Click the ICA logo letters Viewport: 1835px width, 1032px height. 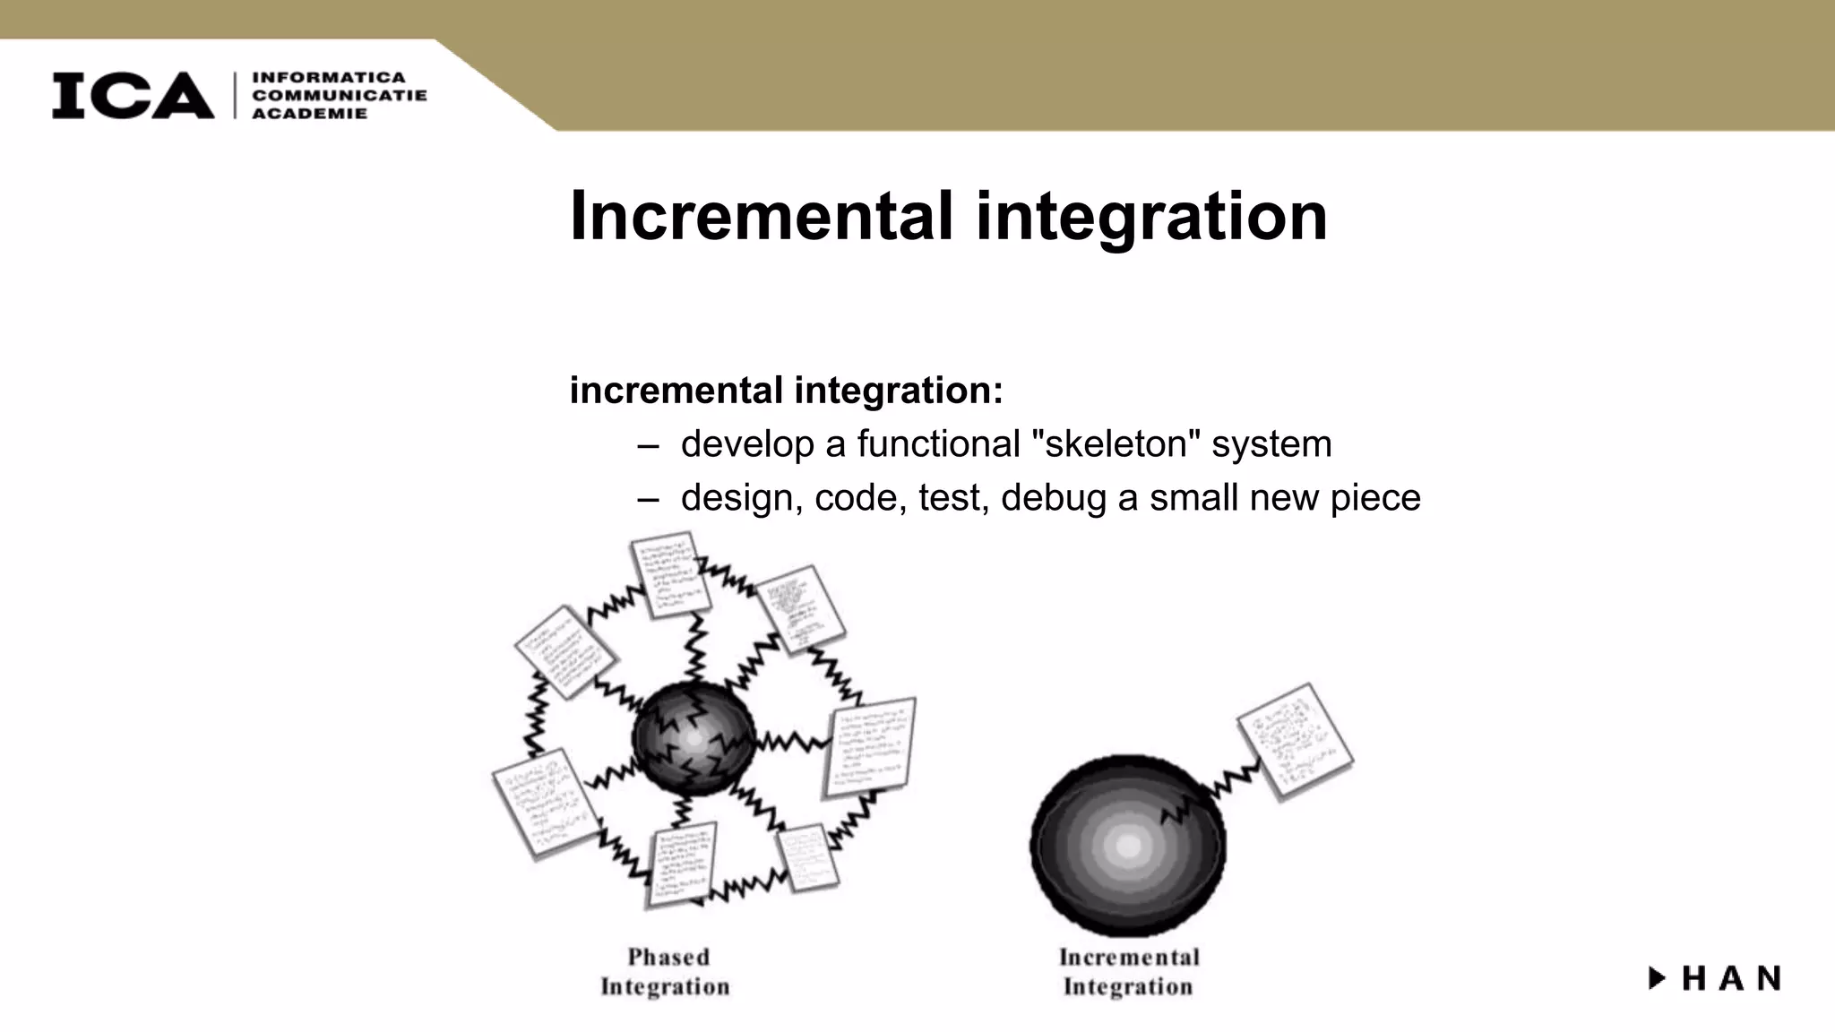coord(133,96)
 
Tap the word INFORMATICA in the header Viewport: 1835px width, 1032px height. coord(329,78)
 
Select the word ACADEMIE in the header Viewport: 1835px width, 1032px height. coord(310,114)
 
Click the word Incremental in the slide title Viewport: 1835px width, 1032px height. coord(761,216)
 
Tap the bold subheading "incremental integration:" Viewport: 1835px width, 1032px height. coord(786,391)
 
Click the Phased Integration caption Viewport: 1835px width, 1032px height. coord(666,972)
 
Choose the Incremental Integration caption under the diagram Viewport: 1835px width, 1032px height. coord(1128,972)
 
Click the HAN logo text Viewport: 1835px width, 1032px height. coord(1731,978)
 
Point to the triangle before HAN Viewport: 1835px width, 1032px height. coord(1657,978)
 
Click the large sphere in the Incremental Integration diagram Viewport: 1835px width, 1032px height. coord(1127,845)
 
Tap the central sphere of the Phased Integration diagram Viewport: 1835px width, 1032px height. coord(694,739)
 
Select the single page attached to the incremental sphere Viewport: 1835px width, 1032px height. coord(1295,742)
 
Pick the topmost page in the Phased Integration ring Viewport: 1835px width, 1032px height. coord(669,573)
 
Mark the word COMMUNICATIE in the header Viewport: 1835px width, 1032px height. coord(340,96)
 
